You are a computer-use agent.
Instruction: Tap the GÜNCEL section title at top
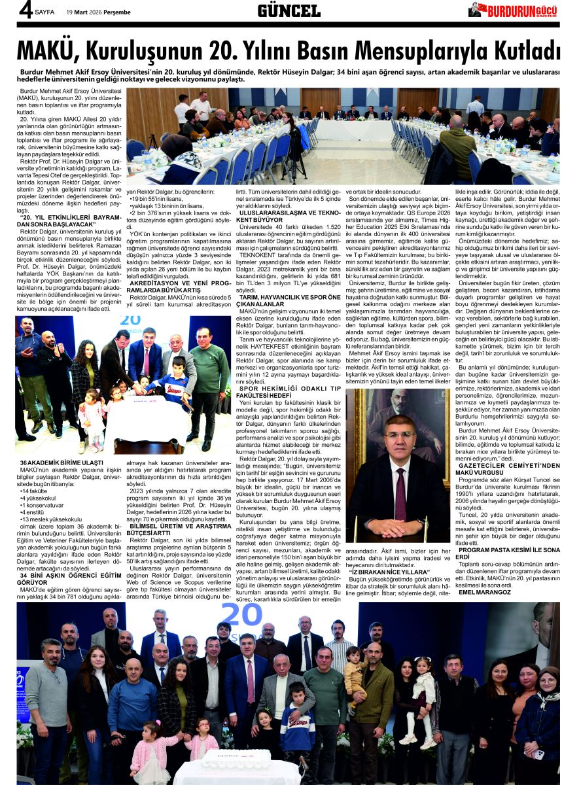pyautogui.click(x=289, y=10)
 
